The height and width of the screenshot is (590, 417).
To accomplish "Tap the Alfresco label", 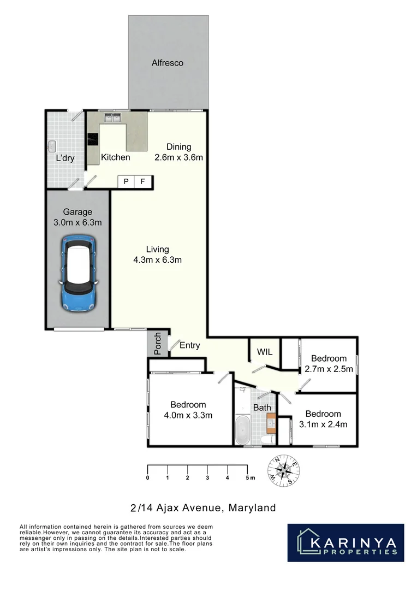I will tap(168, 63).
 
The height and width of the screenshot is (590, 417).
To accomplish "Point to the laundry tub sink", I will tap(53, 146).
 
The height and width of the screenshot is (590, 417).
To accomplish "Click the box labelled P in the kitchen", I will tap(126, 182).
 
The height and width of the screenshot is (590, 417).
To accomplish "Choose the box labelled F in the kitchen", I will tap(143, 182).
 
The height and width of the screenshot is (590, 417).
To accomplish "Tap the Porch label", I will tap(158, 344).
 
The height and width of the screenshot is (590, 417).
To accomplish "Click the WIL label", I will tap(265, 352).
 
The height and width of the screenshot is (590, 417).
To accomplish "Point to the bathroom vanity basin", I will tap(270, 422).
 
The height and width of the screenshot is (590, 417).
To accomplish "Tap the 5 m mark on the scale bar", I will tap(248, 478).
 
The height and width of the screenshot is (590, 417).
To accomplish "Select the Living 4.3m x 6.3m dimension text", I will tap(157, 260).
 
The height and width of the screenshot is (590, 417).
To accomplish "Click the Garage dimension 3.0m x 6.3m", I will tap(78, 222).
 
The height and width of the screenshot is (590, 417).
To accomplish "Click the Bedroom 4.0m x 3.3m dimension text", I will tap(188, 415).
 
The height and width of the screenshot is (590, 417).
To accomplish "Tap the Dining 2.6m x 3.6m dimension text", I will tap(178, 158).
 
